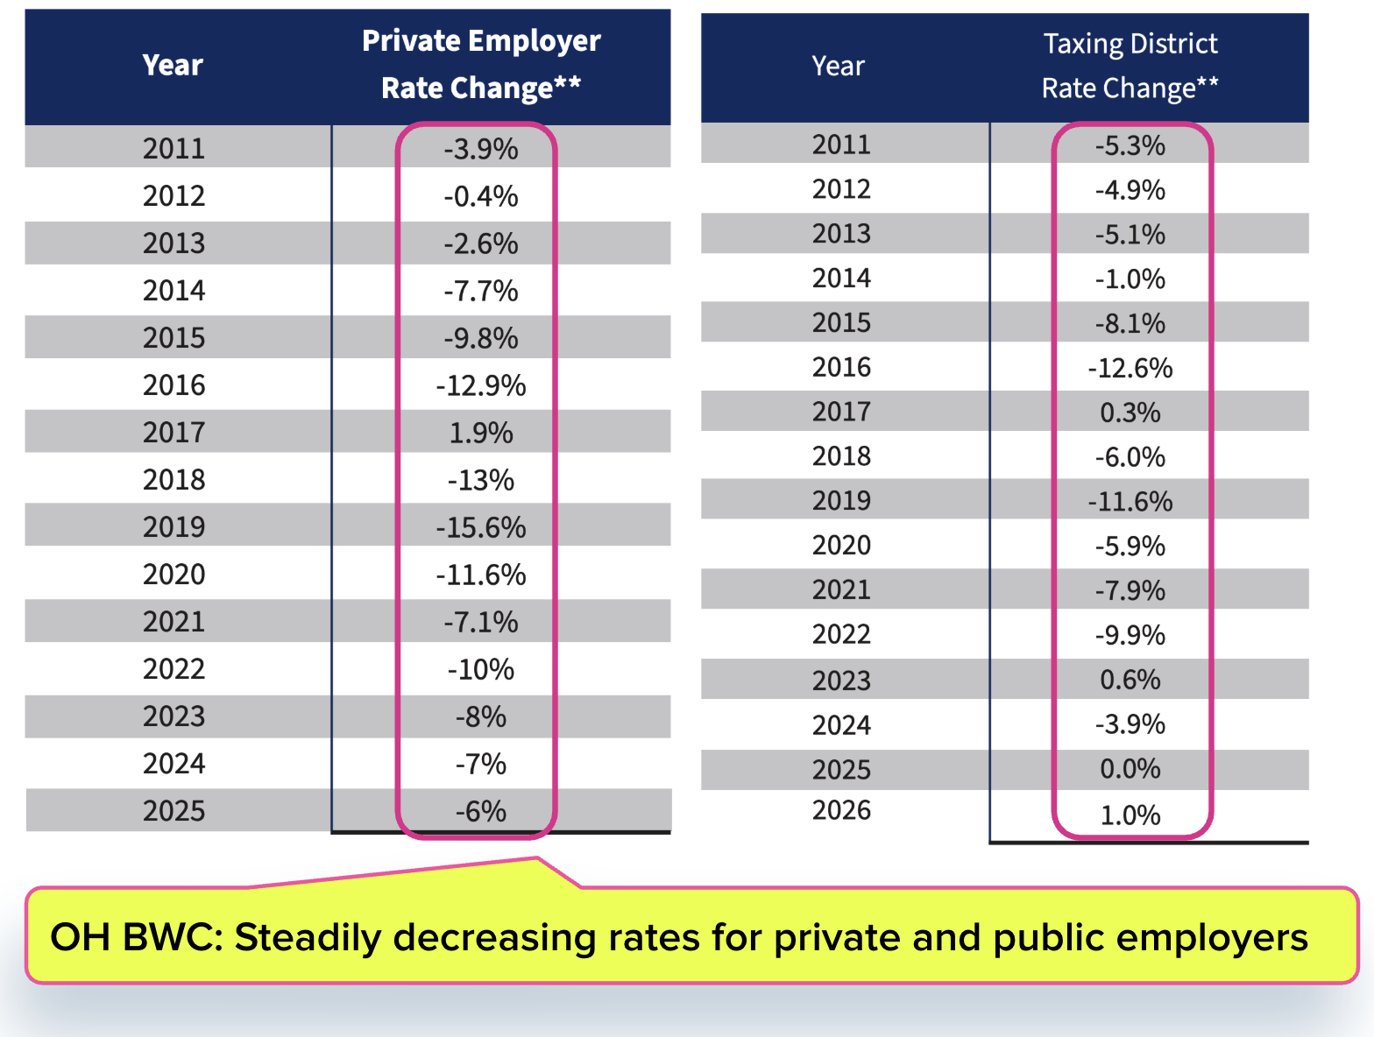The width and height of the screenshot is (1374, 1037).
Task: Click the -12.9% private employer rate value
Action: [481, 385]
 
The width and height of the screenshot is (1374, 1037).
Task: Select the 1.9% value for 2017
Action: [481, 433]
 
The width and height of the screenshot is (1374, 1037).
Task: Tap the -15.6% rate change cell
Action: [481, 527]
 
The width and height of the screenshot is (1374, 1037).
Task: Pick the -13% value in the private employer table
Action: [481, 480]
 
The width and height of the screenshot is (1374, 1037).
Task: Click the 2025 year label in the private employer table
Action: [174, 811]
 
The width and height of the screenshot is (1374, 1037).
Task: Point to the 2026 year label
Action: [841, 810]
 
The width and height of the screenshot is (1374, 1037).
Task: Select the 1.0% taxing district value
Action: [1130, 815]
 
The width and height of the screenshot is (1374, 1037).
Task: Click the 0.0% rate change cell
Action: [1130, 769]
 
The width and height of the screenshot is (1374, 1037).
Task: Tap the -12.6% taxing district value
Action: [1130, 368]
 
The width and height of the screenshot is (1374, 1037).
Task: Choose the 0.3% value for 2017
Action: [1130, 413]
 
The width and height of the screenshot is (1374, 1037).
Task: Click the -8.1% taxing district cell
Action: [1130, 323]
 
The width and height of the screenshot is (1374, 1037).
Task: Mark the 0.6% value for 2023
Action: [1130, 680]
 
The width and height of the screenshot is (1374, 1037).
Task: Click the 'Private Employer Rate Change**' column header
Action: [481, 64]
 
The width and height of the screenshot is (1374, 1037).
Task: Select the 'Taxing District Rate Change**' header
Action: [1130, 66]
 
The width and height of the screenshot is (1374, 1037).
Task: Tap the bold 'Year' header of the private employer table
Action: [173, 65]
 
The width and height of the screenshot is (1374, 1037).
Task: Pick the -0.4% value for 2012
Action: [481, 196]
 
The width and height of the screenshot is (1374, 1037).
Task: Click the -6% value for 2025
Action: [481, 812]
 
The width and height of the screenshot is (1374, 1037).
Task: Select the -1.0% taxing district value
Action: [1130, 279]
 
